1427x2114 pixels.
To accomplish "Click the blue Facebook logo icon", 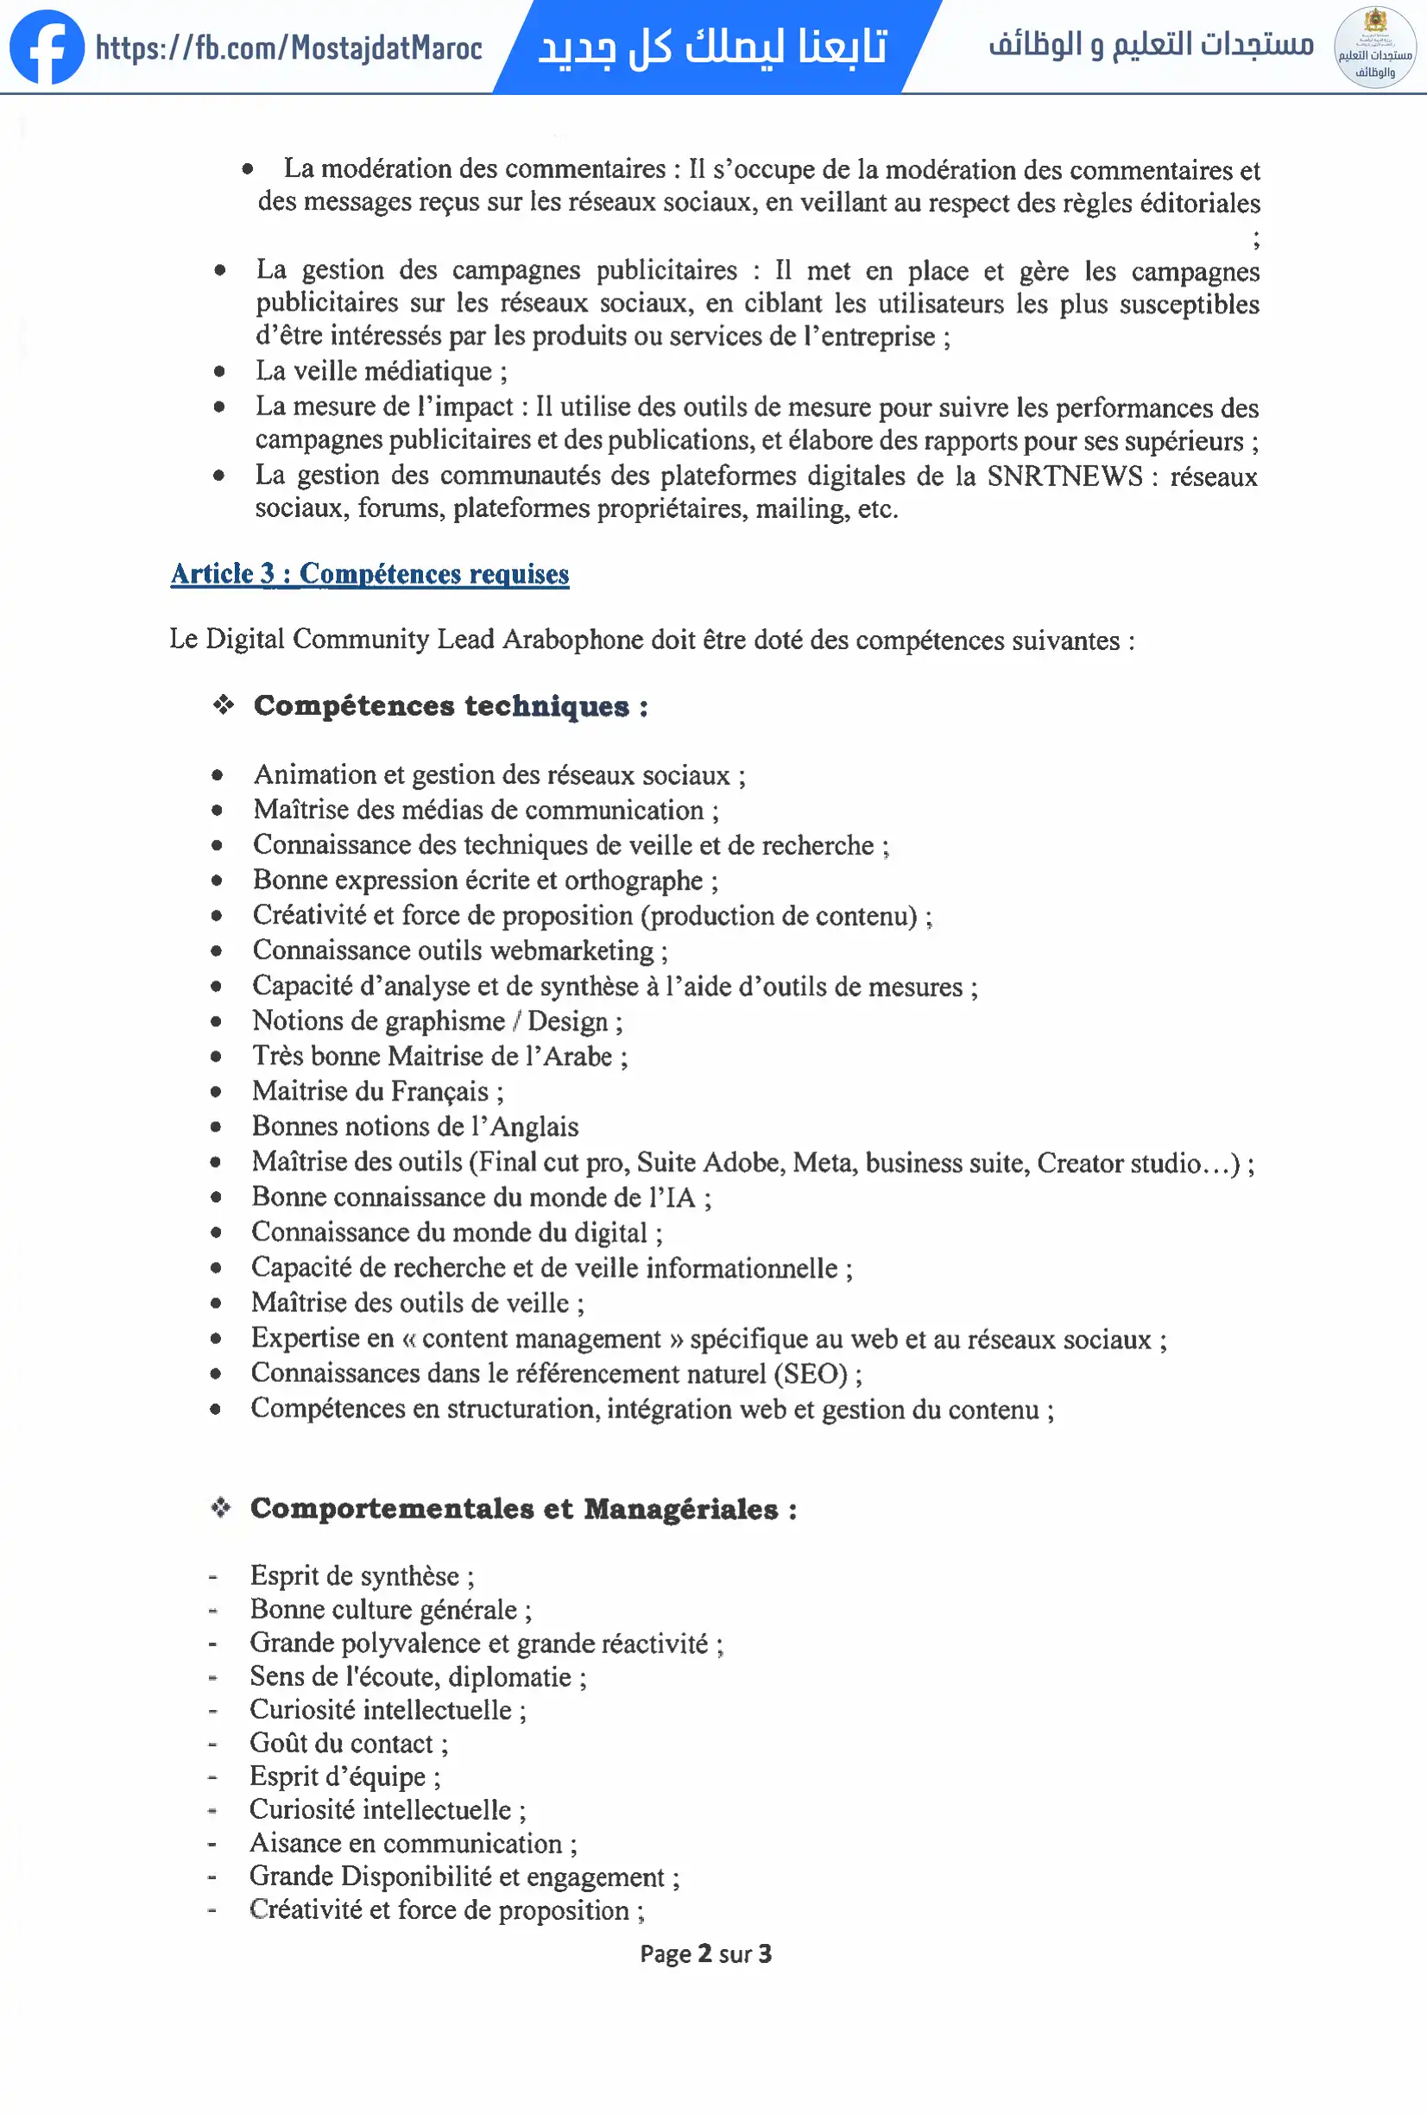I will click(x=47, y=47).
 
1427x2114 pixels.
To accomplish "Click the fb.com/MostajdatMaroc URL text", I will click(x=289, y=47).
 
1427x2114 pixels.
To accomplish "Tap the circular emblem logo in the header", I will click(x=1374, y=47).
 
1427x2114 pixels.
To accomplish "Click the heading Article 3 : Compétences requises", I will click(x=369, y=574).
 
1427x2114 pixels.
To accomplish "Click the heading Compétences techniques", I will click(x=451, y=706).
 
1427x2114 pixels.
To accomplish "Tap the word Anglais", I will click(x=534, y=1127).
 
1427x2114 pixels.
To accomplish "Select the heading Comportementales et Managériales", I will click(x=523, y=1509).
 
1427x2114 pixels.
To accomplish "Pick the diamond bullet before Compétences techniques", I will click(x=224, y=705).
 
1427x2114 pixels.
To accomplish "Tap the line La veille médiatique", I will click(x=380, y=371).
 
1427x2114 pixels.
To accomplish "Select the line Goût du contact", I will click(x=349, y=1743).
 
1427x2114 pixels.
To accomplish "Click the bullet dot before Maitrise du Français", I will click(x=217, y=1092).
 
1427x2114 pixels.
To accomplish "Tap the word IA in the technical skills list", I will click(x=680, y=1197).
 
